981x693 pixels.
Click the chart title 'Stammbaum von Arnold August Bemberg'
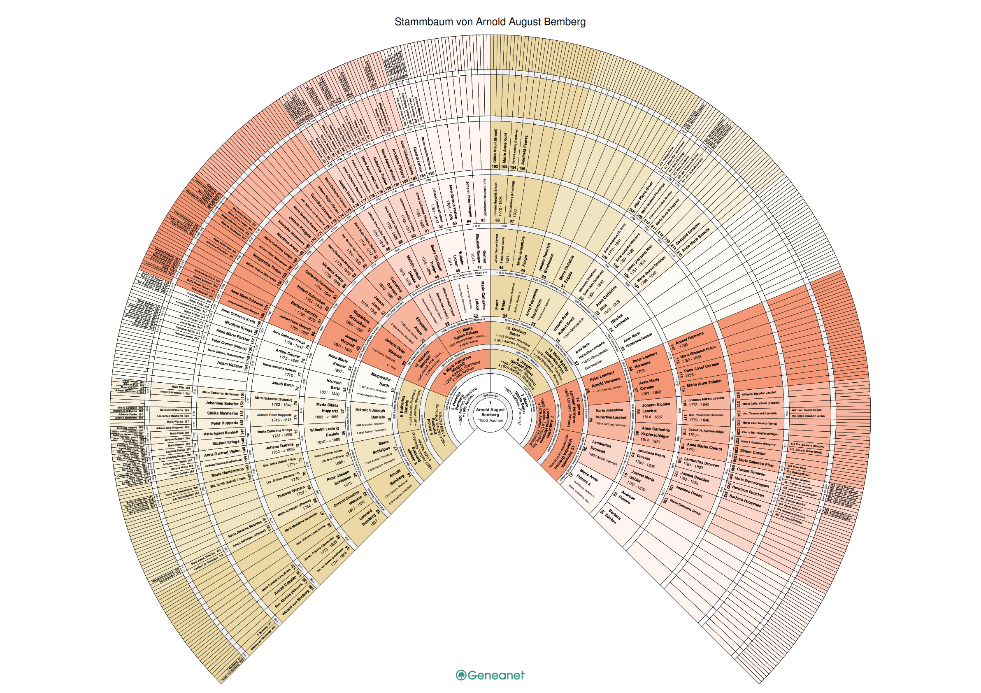pos(490,22)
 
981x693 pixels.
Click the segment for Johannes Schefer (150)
pos(222,403)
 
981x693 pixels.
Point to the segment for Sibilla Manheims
pos(223,413)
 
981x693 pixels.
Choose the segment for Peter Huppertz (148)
pos(225,423)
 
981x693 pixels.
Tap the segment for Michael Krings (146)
pos(226,443)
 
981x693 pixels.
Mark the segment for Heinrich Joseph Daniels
pos(370,414)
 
